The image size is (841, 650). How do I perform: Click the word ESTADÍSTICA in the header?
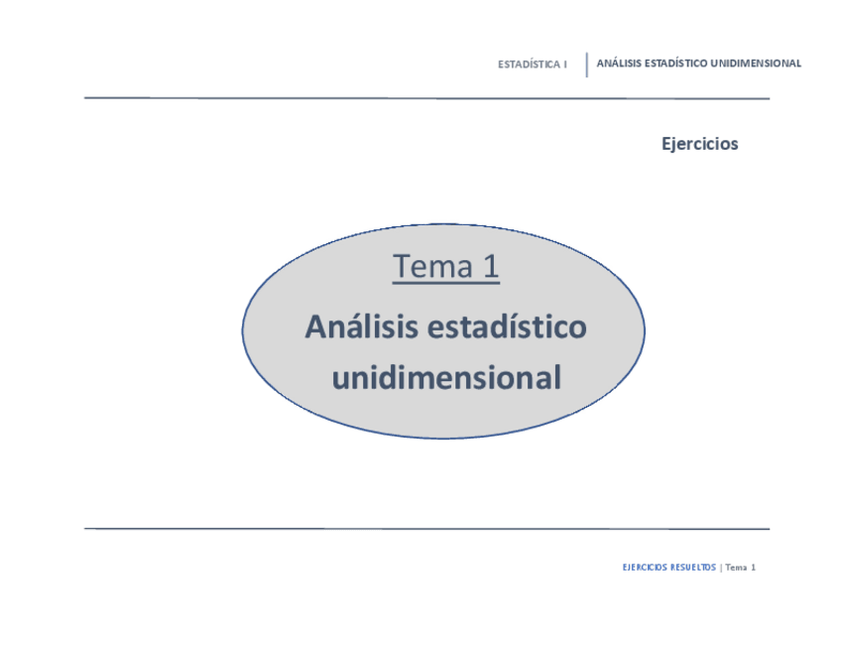point(529,65)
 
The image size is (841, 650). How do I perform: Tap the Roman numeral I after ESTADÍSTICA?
point(564,65)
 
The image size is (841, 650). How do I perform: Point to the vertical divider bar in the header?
point(587,65)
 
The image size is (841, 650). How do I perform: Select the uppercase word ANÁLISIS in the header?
point(619,64)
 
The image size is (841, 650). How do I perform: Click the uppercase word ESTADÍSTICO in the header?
point(675,64)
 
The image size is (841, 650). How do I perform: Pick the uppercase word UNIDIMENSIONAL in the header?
point(756,64)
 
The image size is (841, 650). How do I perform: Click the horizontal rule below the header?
point(426,98)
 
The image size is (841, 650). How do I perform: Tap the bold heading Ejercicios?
point(700,144)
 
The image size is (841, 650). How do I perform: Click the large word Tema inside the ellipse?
point(432,266)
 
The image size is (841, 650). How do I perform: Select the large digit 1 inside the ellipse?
point(491,266)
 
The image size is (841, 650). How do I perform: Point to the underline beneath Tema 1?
point(445,282)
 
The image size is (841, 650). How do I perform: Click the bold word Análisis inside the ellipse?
point(362,326)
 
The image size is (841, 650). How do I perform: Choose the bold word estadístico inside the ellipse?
point(508,326)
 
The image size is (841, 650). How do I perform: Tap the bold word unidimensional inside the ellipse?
point(446,377)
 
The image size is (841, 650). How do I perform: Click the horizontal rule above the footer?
point(426,529)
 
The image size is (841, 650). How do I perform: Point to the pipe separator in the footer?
point(721,568)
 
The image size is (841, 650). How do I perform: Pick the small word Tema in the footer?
point(736,568)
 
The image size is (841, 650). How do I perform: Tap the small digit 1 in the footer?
point(754,568)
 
